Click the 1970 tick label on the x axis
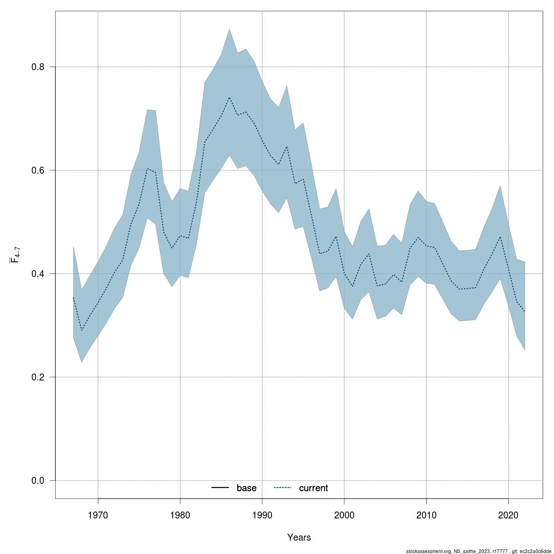(x=98, y=514)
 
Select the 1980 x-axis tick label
(x=180, y=514)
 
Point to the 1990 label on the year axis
(x=262, y=514)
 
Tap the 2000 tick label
(x=344, y=514)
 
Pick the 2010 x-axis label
(x=426, y=514)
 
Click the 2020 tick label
(x=508, y=514)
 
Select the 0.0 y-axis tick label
(x=37, y=481)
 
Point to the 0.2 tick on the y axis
(x=37, y=377)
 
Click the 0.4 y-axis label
(x=37, y=274)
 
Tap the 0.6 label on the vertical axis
(x=37, y=170)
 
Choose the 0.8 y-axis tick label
(x=37, y=67)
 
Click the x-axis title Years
(x=299, y=537)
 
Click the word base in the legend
(x=247, y=488)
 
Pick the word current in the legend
(x=313, y=488)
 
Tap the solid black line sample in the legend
(x=221, y=488)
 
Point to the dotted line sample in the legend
(x=283, y=488)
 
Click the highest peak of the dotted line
(x=229, y=97)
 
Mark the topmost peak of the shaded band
(x=229, y=29)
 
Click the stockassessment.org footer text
(x=479, y=551)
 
